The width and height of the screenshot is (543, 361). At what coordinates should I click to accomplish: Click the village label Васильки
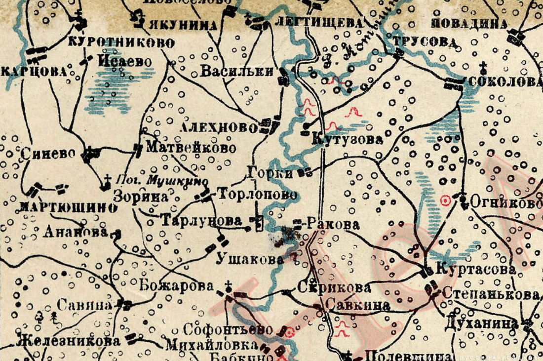[x=236, y=72]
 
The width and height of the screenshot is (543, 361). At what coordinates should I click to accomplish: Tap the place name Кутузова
[x=348, y=140]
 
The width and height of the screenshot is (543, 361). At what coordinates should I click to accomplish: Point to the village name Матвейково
[x=191, y=148]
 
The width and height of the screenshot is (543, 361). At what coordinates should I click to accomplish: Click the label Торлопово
[x=258, y=195]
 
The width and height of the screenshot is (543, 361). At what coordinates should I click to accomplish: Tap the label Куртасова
[x=475, y=270]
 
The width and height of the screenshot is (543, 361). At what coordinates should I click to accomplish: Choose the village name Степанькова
[x=491, y=294]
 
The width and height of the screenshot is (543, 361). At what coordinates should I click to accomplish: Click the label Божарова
[x=176, y=286]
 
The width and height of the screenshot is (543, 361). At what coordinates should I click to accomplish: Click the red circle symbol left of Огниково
[x=446, y=201]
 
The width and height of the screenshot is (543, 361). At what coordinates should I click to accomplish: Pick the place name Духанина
[x=481, y=324]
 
